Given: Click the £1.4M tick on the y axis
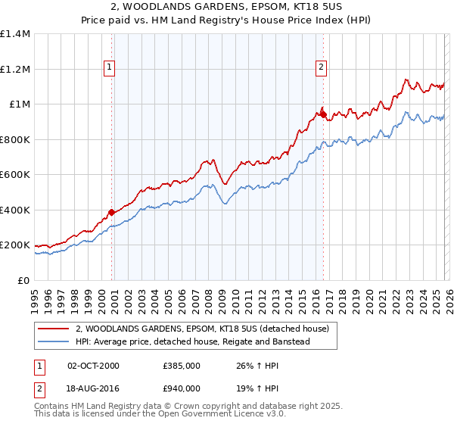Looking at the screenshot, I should click(x=15, y=34).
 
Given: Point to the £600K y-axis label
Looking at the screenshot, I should click(x=15, y=175).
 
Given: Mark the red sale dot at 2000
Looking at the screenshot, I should click(x=111, y=213).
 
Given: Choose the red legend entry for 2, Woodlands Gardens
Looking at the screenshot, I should click(x=202, y=329).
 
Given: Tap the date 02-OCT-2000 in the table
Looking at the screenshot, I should click(x=94, y=366).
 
